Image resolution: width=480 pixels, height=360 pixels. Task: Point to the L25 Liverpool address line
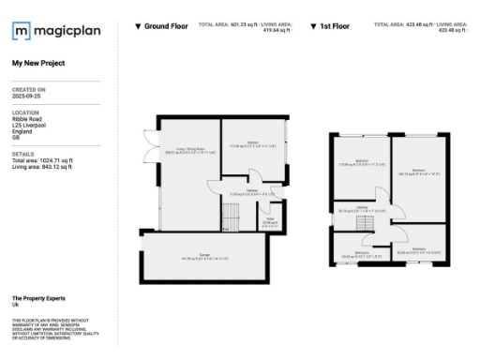coord(30,125)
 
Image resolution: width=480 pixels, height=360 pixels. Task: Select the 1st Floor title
coord(335,26)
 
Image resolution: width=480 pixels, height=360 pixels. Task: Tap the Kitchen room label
coord(252,143)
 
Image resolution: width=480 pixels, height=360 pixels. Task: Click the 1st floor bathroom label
coord(361,253)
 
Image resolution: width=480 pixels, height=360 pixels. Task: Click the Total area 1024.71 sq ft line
coord(42,160)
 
